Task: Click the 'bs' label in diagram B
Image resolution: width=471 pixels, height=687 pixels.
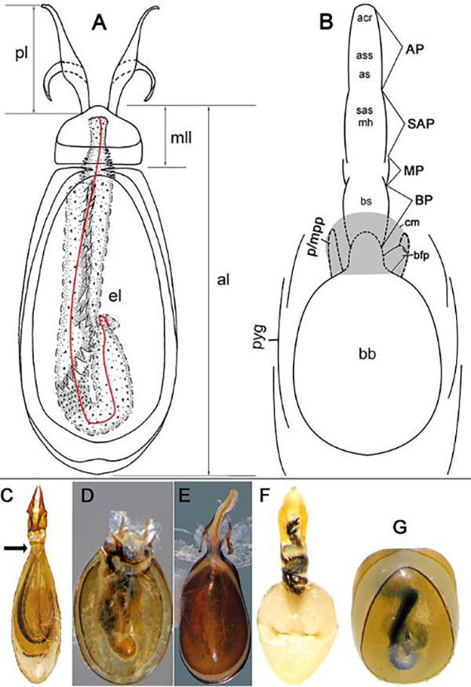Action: tap(365, 202)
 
